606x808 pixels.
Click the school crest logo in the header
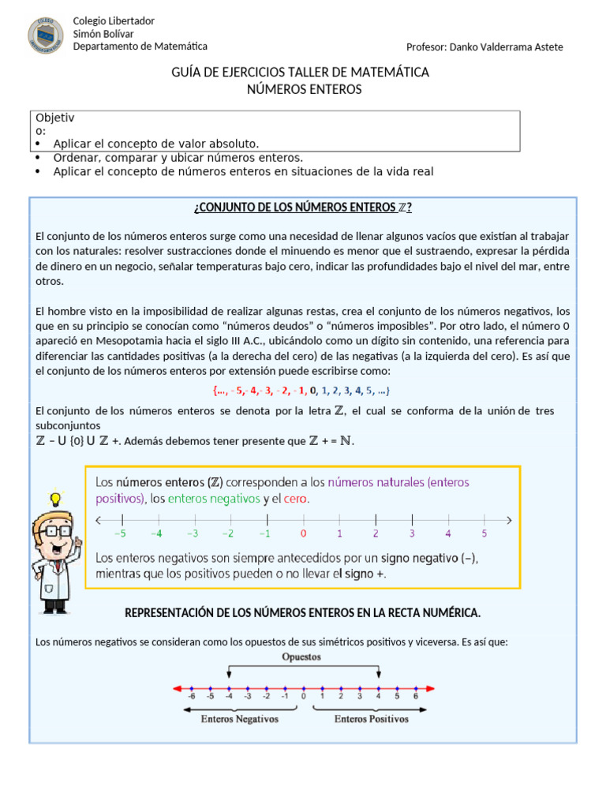coord(46,36)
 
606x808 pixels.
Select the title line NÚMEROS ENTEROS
coord(304,89)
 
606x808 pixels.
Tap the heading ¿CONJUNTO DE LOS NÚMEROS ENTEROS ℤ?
coord(302,208)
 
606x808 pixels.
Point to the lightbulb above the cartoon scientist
coord(55,499)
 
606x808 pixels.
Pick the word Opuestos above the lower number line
coord(302,656)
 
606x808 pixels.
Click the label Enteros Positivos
coord(371,719)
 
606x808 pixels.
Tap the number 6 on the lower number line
coord(415,697)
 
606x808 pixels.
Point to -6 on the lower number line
coord(191,697)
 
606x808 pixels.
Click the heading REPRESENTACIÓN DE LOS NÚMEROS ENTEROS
coord(302,613)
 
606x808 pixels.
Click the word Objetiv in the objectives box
coord(55,118)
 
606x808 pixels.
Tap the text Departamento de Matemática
coord(140,47)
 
